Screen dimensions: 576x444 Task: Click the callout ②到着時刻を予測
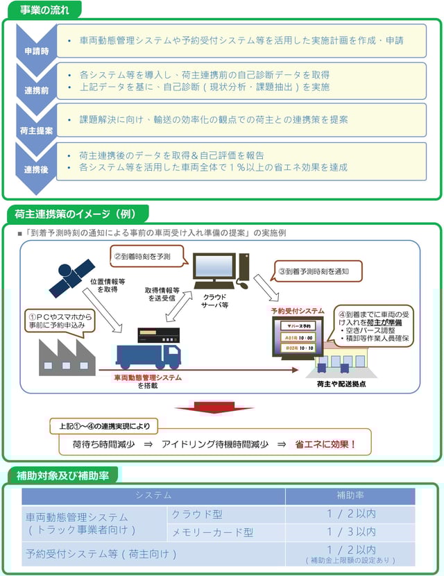tap(147, 255)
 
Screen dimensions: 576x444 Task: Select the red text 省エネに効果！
tap(325, 444)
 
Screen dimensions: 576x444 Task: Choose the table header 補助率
tap(350, 496)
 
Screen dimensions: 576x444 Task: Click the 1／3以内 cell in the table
tap(350, 532)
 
